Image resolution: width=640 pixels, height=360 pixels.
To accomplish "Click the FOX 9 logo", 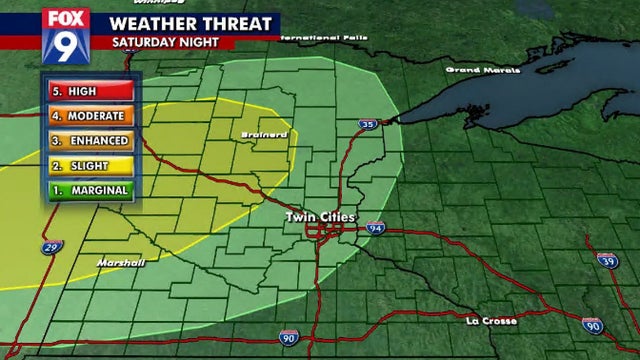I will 66,32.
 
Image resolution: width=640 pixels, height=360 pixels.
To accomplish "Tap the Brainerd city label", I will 264,134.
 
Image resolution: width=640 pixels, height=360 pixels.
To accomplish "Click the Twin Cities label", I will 320,217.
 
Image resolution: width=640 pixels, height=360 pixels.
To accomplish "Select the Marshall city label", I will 120,262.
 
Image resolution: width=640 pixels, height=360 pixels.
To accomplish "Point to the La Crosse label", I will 491,321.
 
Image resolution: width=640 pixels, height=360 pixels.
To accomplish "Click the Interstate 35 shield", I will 369,125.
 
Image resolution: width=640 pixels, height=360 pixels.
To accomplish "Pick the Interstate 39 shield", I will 607,260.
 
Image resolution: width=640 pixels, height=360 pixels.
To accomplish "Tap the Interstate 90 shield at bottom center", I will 288,338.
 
